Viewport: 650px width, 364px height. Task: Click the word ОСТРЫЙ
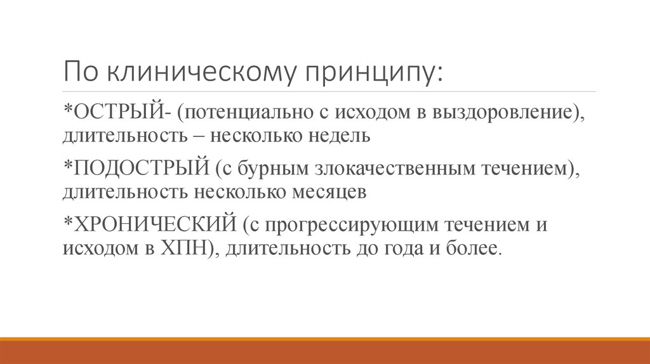click(x=119, y=113)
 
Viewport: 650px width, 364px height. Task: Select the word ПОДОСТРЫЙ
click(x=142, y=169)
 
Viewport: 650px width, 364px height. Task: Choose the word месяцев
click(x=326, y=191)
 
